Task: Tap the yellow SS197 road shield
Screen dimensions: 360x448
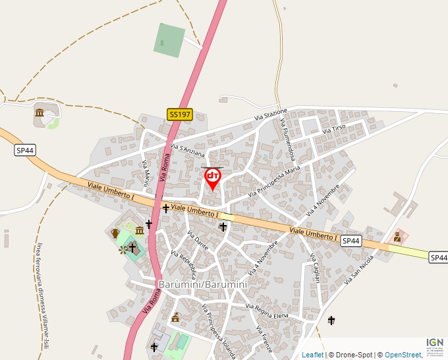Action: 179,115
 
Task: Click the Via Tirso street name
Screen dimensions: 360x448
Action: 333,128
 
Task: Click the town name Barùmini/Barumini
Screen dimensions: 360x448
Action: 203,284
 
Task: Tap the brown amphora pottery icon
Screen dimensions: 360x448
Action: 116,233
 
